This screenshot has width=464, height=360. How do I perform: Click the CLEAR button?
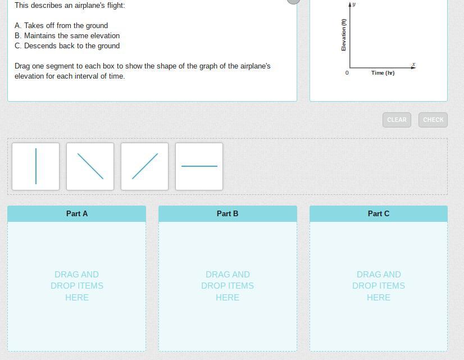(397, 120)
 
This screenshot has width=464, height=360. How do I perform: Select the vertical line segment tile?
(35, 167)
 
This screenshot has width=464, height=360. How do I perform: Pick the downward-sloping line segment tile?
(90, 167)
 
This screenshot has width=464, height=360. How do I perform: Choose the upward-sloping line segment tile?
(144, 167)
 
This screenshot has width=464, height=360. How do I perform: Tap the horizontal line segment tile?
(199, 167)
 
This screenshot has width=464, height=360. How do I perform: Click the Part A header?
(76, 213)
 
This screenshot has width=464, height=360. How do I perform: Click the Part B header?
(228, 213)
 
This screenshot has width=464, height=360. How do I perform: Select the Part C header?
(379, 213)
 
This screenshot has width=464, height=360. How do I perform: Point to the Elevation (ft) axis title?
(344, 35)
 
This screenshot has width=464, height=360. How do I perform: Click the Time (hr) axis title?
(383, 73)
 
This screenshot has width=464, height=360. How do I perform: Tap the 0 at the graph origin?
(347, 73)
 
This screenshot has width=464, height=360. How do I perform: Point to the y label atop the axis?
(354, 4)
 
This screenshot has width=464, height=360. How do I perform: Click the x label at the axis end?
(413, 64)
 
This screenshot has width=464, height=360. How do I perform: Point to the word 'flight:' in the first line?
(116, 6)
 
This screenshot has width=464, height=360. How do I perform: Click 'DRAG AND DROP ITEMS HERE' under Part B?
(228, 286)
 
